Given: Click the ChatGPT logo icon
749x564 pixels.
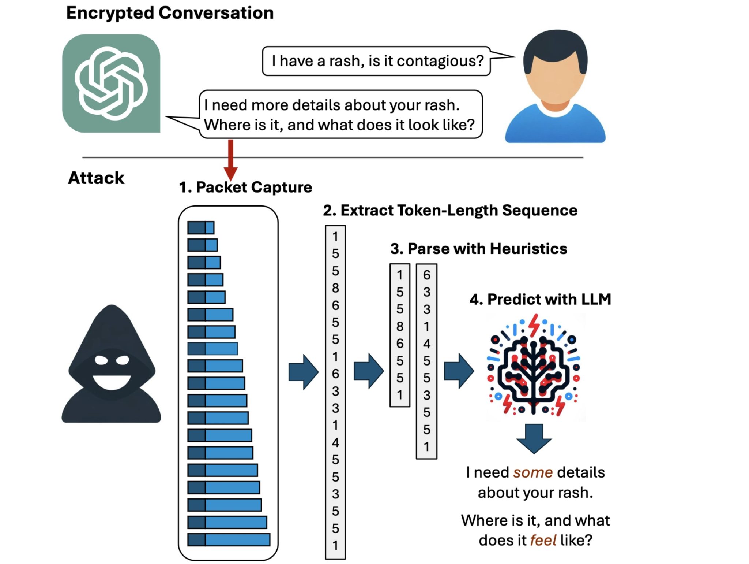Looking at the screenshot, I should point(111,84).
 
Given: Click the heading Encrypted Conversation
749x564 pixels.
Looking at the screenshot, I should point(170,13).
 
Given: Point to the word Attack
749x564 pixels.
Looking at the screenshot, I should point(96,178).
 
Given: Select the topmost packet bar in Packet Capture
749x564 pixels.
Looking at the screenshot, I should point(200,227).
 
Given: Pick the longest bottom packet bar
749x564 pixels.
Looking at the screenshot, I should point(229,539).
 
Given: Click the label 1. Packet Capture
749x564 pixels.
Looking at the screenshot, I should point(245,187).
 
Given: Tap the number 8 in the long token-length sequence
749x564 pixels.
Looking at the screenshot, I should point(335,288).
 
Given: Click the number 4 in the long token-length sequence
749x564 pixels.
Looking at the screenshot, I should point(335,442).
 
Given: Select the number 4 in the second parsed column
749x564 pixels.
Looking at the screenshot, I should point(426,344).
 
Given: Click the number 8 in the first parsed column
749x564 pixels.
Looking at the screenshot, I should point(400,326).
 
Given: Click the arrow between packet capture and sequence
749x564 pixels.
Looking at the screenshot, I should point(303,372).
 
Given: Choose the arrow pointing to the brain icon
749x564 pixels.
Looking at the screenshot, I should point(459,371).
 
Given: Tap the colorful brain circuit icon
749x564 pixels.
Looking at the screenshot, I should point(534,366).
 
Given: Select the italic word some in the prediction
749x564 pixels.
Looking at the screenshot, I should point(532,472).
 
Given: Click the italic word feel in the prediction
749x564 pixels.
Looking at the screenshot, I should point(543,540).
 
